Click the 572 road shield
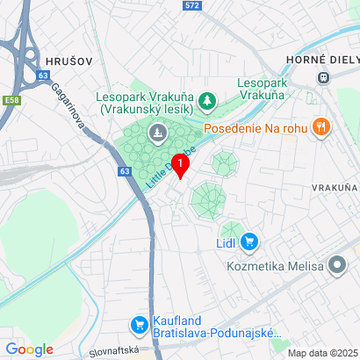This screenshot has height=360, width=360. point(192,5)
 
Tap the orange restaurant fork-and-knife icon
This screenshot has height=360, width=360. point(321,126)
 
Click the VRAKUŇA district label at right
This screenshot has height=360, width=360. point(335,188)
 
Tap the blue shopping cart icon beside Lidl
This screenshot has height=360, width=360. point(250,240)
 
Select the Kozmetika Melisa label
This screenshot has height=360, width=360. point(272,265)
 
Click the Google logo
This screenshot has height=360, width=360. point(29,349)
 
